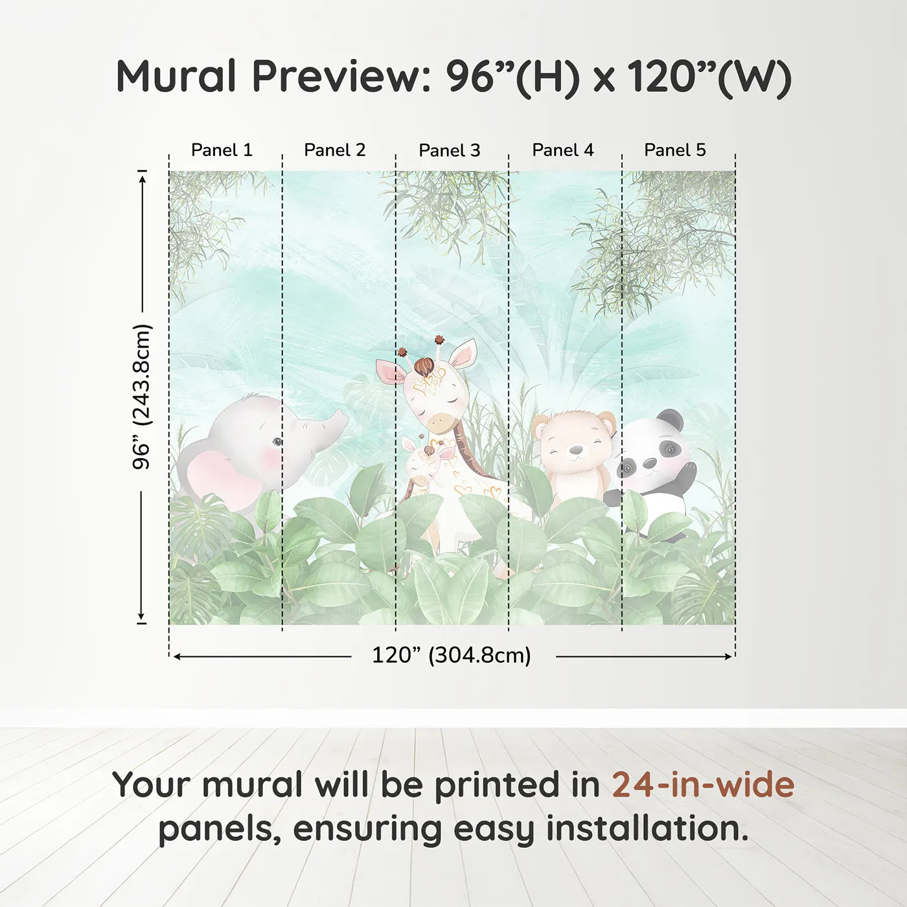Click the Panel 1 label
point(222,150)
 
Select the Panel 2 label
point(334,150)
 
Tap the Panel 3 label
point(449,151)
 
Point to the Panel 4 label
point(562,150)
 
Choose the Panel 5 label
point(674,150)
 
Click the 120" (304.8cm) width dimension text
point(451,656)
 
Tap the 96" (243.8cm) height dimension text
point(142,396)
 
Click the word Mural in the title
point(176,76)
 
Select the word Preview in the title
point(337,76)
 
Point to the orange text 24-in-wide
point(703,785)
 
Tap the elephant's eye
point(277,442)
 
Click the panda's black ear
point(671,420)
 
